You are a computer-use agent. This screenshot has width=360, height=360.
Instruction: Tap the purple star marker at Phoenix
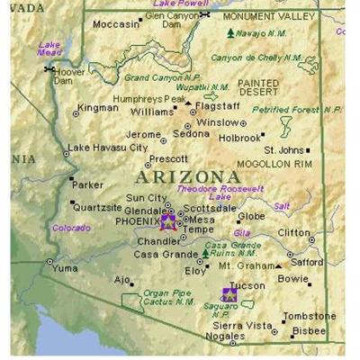pos(168,220)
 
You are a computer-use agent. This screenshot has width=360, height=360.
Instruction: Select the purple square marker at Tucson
pos(229,294)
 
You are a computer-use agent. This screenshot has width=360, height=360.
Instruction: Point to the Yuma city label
pos(65,268)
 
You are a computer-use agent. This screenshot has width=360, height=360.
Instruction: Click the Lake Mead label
pos(49,49)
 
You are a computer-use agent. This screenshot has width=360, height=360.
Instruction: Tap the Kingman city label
pos(97,108)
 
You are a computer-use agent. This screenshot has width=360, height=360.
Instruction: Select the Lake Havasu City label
pos(108,148)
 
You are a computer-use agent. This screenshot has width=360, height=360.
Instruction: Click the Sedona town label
pos(191,134)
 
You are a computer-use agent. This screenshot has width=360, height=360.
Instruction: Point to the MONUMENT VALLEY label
pos(268,16)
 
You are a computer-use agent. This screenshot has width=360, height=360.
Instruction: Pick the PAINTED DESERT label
pos(258,87)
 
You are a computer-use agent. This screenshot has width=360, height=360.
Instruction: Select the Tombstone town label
pos(309,317)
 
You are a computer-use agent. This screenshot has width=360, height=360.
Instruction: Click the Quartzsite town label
pos(97,206)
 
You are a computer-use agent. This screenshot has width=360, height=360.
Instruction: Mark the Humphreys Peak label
pos(148,99)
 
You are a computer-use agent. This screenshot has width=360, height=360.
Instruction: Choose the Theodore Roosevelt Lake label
pos(220,193)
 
